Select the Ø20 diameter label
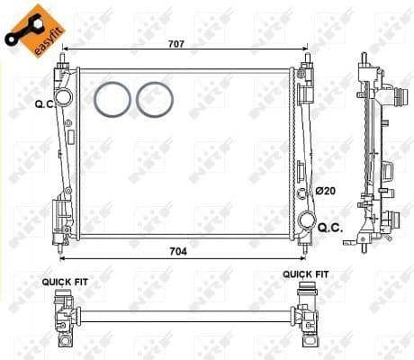325,191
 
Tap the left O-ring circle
112,99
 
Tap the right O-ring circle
154,99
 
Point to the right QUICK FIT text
306,274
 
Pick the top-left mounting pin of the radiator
63,59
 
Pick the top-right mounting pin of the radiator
307,59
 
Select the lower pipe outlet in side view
392,218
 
